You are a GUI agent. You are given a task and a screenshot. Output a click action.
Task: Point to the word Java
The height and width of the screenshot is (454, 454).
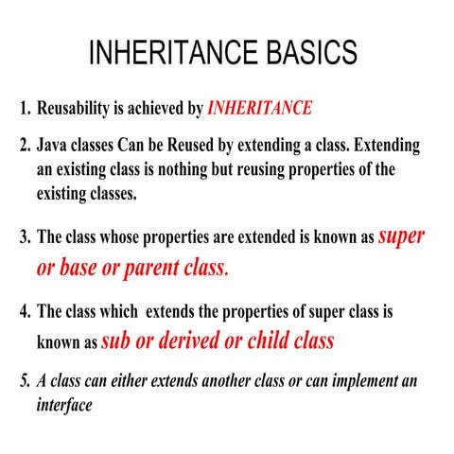[x=54, y=148]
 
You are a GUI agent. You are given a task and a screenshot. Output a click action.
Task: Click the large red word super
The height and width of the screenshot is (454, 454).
[x=401, y=236]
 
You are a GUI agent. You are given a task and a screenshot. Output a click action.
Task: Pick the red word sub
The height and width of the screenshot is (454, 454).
[x=120, y=340]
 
